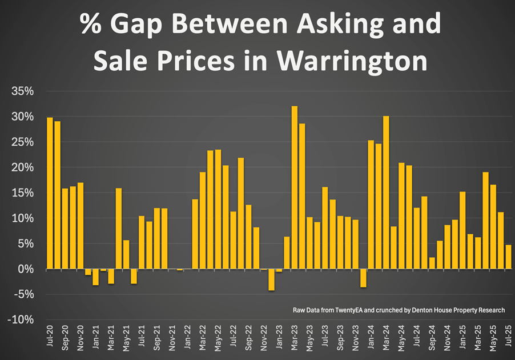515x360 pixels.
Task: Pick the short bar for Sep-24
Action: pyautogui.click(x=432, y=263)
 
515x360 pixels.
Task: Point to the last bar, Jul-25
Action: pyautogui.click(x=508, y=257)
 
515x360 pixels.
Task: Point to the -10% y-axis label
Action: pyautogui.click(x=21, y=319)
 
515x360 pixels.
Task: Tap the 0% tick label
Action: pyautogui.click(x=26, y=269)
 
